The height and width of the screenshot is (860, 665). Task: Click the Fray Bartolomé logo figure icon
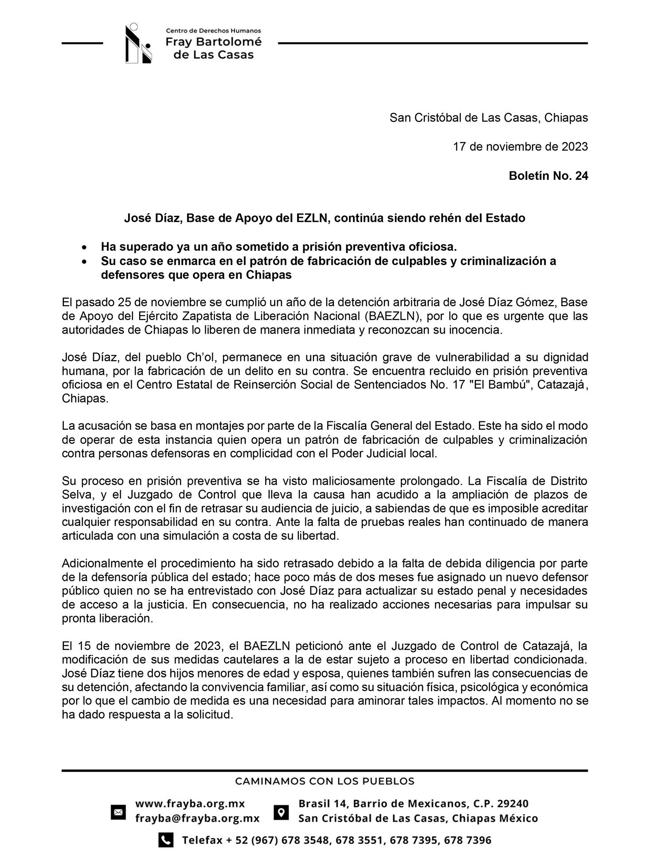tap(138, 43)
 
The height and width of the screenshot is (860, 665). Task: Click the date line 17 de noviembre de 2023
tap(520, 147)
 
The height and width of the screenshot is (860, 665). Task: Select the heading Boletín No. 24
tap(548, 176)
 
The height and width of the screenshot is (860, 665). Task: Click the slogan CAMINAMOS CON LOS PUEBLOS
tap(325, 781)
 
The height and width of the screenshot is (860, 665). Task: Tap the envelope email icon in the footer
tap(118, 812)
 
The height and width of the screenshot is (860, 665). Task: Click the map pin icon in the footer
tap(281, 812)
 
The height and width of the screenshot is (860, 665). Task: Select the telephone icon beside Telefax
tap(165, 840)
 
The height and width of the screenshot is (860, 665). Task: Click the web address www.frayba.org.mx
tap(190, 804)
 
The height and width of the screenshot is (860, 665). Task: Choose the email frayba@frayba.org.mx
tap(197, 818)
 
